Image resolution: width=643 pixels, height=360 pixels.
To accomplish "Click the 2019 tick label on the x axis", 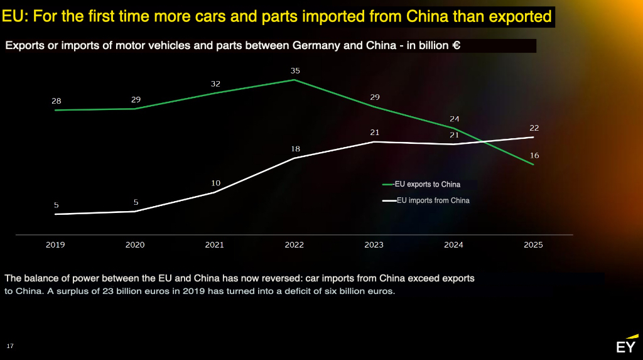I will [x=55, y=245].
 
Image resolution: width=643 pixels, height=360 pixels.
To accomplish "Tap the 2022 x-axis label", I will [x=294, y=245].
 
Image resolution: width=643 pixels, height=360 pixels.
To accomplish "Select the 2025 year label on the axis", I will [x=533, y=245].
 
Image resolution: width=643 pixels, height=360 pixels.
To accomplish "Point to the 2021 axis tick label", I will [x=214, y=245].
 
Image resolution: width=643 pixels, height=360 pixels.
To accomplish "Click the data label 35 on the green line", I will [x=295, y=71].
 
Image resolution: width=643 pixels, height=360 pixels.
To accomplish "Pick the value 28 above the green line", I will [x=57, y=101].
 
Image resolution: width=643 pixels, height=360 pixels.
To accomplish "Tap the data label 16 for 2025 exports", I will [x=534, y=156].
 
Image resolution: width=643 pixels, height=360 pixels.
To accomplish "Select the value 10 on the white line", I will [x=215, y=183].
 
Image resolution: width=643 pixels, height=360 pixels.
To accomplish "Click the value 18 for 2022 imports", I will [x=295, y=149].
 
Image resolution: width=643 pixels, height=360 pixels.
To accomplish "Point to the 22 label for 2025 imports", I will [x=534, y=128].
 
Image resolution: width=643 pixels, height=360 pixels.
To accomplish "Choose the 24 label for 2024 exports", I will [x=455, y=119].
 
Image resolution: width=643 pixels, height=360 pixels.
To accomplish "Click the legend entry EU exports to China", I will [x=427, y=185].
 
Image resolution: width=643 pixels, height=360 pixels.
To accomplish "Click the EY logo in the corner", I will [x=626, y=346].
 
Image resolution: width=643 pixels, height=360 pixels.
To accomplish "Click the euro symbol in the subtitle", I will [x=457, y=46].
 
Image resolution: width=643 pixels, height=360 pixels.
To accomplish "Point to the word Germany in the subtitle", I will [x=311, y=46].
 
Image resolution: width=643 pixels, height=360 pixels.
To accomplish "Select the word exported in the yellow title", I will [x=519, y=17].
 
